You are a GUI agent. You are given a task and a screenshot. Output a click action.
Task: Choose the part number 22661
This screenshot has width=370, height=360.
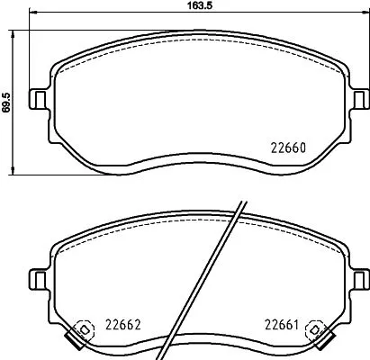[x=282, y=326]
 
